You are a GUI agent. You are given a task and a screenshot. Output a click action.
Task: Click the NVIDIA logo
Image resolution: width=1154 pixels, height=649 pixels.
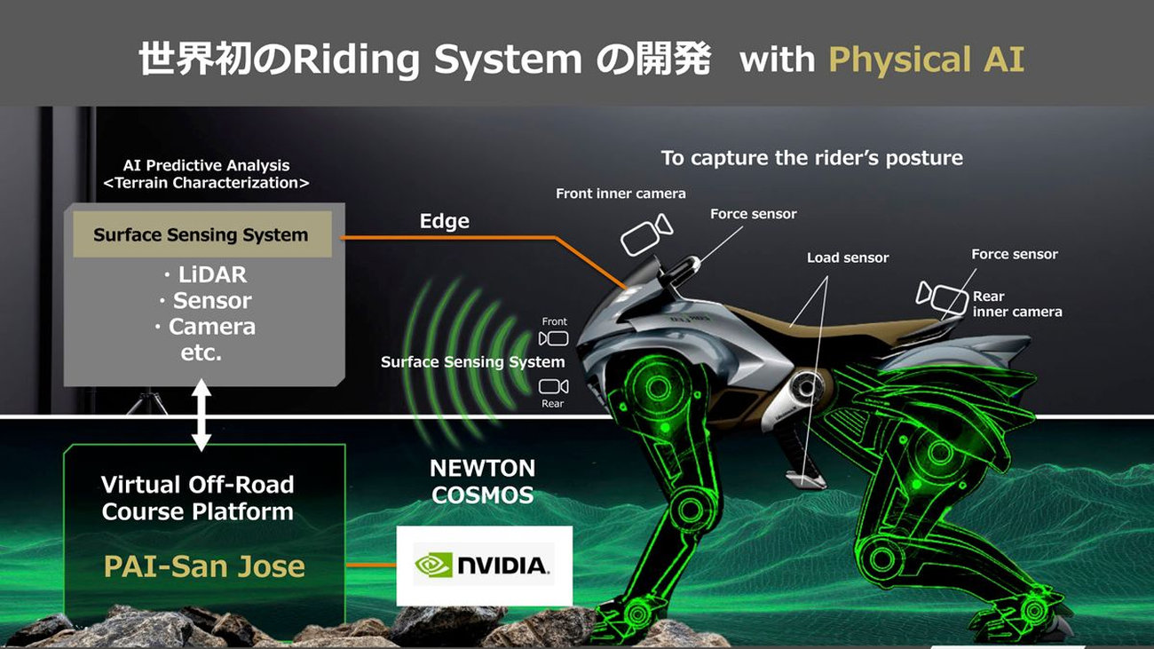pos(483,565)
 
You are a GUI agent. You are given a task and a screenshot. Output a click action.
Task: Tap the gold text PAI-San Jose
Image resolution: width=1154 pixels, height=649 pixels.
pos(204,566)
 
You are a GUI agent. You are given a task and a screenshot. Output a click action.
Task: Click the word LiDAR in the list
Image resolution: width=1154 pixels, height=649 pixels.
pos(212,274)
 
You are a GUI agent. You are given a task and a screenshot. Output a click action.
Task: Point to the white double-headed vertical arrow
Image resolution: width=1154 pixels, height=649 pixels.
pos(202,415)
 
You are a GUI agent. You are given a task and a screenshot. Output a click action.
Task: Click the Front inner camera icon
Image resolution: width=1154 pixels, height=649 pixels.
pos(646,235)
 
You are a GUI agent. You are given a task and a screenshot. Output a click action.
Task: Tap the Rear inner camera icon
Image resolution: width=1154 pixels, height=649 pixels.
pos(942,298)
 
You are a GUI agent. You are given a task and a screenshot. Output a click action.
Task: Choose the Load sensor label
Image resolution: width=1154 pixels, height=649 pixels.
pos(848,257)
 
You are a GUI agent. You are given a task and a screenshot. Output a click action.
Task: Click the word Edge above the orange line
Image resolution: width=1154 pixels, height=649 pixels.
pos(444,221)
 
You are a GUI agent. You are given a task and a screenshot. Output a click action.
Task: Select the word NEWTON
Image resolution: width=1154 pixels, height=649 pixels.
pos(483,468)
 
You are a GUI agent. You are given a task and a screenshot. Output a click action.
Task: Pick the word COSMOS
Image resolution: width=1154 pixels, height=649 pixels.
pos(483,495)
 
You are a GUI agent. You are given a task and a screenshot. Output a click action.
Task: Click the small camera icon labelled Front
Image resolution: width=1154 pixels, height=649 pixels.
pos(554,338)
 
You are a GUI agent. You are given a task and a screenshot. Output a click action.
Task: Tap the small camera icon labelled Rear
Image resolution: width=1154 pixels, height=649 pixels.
pos(554,386)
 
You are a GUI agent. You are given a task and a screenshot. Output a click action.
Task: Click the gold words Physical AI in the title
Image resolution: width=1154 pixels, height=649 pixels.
pos(926,60)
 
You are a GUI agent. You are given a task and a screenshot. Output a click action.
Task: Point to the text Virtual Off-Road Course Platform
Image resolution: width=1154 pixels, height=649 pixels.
pos(198,498)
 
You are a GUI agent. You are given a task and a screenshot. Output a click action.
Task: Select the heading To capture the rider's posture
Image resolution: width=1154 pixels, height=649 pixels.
pos(812,158)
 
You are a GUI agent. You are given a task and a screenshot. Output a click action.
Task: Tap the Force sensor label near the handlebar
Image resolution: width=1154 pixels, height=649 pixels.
pos(753,214)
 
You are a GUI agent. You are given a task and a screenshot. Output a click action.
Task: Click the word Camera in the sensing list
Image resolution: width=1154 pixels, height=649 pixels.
pos(212,327)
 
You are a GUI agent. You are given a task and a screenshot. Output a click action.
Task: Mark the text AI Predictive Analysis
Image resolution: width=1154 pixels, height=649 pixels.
pos(206,165)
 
